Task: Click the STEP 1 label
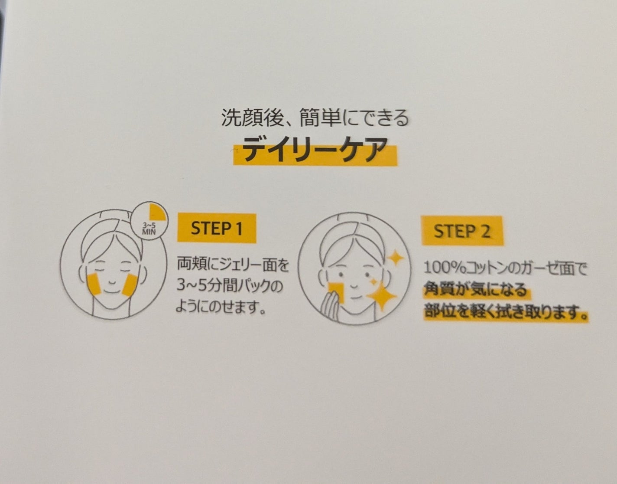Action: pyautogui.click(x=217, y=228)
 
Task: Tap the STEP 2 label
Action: pyautogui.click(x=462, y=231)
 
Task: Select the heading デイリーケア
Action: pyautogui.click(x=315, y=150)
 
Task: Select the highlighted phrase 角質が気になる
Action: pyautogui.click(x=475, y=290)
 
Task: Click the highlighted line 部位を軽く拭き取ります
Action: pyautogui.click(x=506, y=313)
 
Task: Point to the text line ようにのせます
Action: pyautogui.click(x=221, y=307)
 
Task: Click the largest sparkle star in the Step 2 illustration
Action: pyautogui.click(x=382, y=296)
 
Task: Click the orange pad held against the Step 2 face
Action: pyautogui.click(x=337, y=292)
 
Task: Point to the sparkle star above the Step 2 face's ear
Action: pyautogui.click(x=396, y=258)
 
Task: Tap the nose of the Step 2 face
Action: pyautogui.click(x=354, y=285)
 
